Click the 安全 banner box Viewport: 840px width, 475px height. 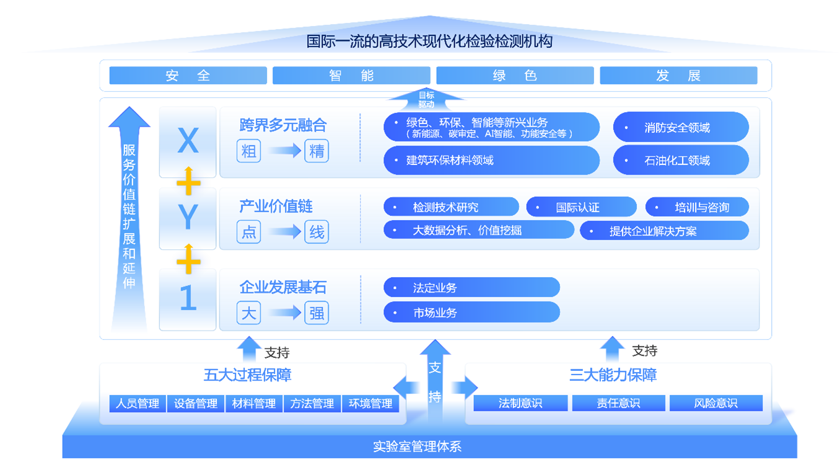tap(188, 76)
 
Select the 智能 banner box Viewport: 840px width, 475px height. tap(351, 76)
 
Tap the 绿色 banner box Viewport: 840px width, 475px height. tap(515, 76)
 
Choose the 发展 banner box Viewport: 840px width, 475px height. tap(678, 76)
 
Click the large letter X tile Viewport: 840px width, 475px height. tap(188, 142)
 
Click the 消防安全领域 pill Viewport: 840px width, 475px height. tap(681, 128)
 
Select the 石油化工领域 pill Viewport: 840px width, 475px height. tap(681, 161)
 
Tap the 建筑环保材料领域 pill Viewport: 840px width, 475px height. tap(491, 161)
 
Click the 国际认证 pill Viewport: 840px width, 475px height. tap(581, 207)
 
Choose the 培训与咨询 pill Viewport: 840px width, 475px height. tap(697, 207)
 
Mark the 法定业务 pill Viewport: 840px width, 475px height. tap(471, 288)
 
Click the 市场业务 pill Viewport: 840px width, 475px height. tap(471, 313)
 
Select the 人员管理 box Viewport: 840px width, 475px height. tap(138, 404)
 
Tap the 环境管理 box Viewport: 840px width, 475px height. tap(370, 404)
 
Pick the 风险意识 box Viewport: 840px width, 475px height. tap(715, 404)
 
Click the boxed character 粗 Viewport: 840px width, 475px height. tap(248, 151)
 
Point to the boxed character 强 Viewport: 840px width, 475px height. tap(317, 313)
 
